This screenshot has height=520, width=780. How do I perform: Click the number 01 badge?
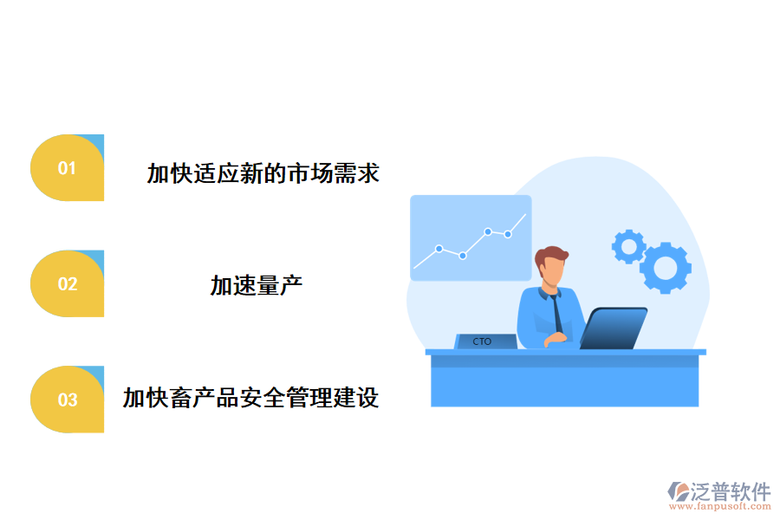(x=67, y=168)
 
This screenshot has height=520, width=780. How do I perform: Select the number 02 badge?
(x=67, y=284)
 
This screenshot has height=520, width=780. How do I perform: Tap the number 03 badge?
(x=67, y=400)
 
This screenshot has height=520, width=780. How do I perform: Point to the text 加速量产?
(x=256, y=285)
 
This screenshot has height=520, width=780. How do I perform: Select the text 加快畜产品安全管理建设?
(x=250, y=399)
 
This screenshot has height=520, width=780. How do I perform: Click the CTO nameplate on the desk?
(x=484, y=341)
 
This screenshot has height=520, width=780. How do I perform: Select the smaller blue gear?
(x=627, y=246)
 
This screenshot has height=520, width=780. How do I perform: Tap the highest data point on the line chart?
(x=488, y=231)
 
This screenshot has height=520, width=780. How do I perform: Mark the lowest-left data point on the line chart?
(x=439, y=249)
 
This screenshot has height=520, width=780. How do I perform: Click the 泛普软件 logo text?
(x=731, y=492)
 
